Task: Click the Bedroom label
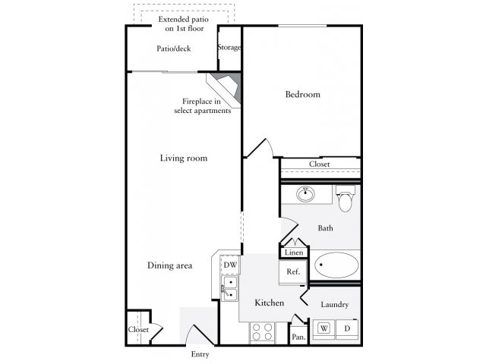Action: pyautogui.click(x=302, y=95)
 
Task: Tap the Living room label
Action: pyautogui.click(x=183, y=158)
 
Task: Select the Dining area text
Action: pyautogui.click(x=169, y=265)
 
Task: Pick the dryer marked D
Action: pyautogui.click(x=346, y=328)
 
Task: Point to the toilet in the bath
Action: pyautogui.click(x=346, y=199)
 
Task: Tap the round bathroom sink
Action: pyautogui.click(x=305, y=194)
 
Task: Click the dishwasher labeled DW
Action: pyautogui.click(x=230, y=265)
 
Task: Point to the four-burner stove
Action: pyautogui.click(x=262, y=332)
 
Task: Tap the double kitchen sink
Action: pyautogui.click(x=229, y=288)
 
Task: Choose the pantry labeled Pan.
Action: pyautogui.click(x=298, y=335)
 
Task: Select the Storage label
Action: pyautogui.click(x=229, y=48)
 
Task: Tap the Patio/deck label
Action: pyautogui.click(x=173, y=49)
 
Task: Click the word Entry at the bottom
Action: pyautogui.click(x=199, y=354)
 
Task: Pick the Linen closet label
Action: pyautogui.click(x=294, y=253)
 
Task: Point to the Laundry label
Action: pyautogui.click(x=334, y=305)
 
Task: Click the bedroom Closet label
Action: pyautogui.click(x=319, y=165)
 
